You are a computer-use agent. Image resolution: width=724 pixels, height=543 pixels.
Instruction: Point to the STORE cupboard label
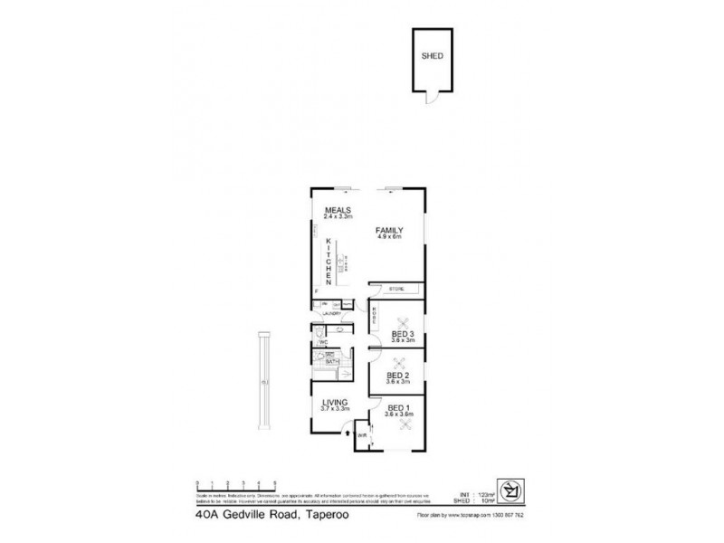tap(396, 290)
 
